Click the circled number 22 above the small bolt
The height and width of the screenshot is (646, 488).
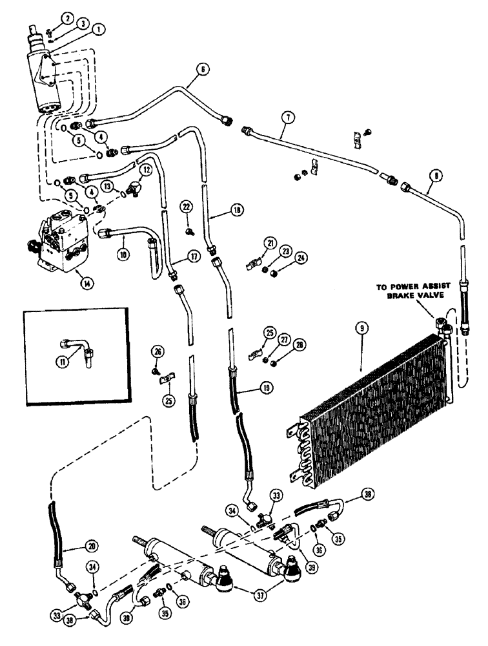[x=187, y=206]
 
